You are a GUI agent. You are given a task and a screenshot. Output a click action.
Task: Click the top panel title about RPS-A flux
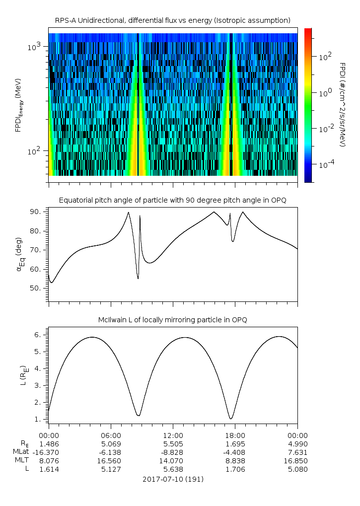173,20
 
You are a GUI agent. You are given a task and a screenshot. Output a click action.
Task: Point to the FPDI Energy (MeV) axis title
18,104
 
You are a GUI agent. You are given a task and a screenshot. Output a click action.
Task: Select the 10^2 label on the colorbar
325,57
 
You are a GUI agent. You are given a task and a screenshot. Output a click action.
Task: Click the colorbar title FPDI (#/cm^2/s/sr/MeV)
343,104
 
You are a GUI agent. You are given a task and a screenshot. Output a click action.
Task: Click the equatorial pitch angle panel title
173,200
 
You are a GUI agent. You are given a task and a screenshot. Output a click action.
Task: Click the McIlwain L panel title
173,320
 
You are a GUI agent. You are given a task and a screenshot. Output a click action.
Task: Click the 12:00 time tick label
173,434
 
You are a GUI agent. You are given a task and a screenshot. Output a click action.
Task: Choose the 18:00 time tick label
235,434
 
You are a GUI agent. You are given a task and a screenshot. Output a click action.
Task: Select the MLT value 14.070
173,460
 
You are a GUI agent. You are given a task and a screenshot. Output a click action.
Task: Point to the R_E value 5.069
111,443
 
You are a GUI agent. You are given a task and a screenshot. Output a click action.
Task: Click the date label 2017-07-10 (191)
173,479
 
